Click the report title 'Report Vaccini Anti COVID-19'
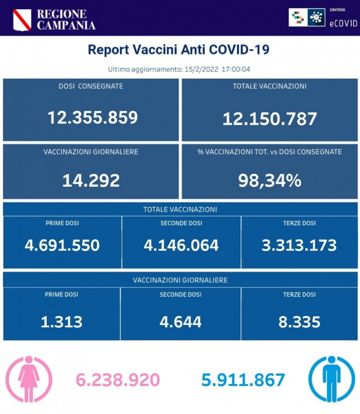click(x=179, y=50)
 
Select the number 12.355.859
click(x=93, y=117)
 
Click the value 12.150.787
click(x=269, y=119)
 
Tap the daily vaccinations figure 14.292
click(x=91, y=180)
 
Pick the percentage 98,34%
click(x=269, y=180)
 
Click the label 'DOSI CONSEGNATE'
click(x=91, y=86)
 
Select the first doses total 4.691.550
click(x=62, y=245)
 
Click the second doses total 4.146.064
click(x=181, y=245)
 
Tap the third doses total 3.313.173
click(x=299, y=245)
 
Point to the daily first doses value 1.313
click(x=62, y=322)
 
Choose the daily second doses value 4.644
click(x=181, y=322)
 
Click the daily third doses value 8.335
click(x=299, y=322)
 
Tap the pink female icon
click(x=29, y=379)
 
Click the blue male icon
click(x=332, y=379)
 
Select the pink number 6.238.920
click(x=118, y=380)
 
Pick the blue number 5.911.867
click(x=243, y=380)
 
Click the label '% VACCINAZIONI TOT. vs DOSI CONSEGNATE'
click(x=269, y=152)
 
